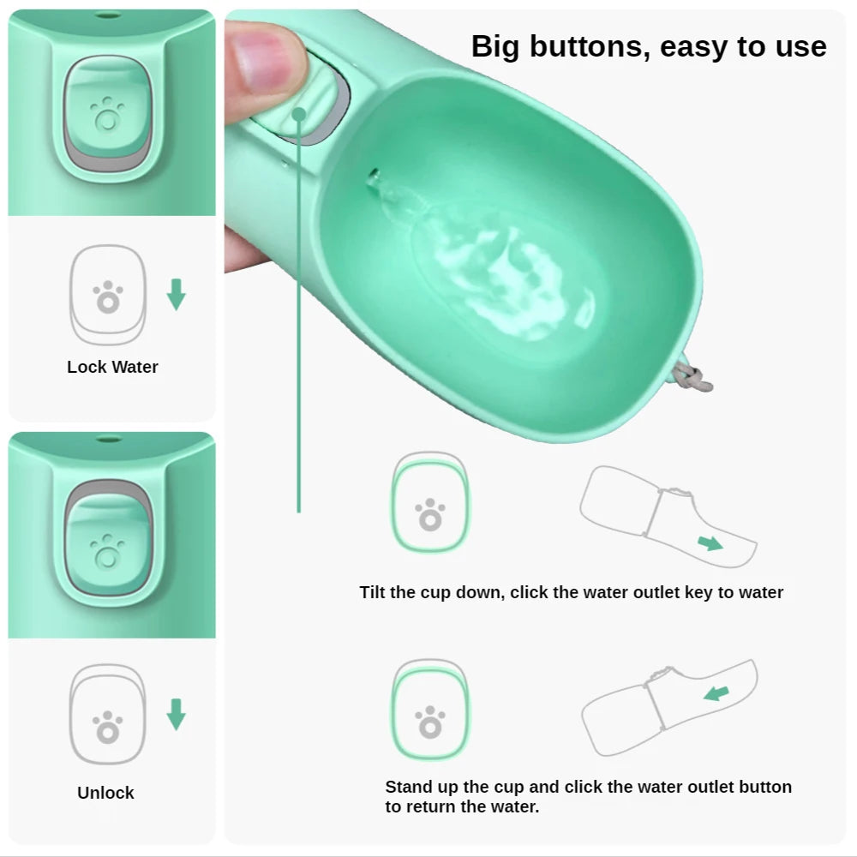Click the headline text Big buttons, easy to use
[649, 46]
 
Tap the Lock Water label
[112, 367]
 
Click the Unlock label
[105, 793]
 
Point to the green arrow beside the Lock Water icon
[176, 294]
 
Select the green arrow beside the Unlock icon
[176, 714]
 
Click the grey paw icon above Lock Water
[108, 297]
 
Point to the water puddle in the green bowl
[506, 274]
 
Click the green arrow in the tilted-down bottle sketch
[709, 542]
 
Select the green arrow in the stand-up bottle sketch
[716, 692]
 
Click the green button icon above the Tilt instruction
[430, 503]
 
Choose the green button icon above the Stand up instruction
[430, 711]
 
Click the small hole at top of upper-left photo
[107, 15]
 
